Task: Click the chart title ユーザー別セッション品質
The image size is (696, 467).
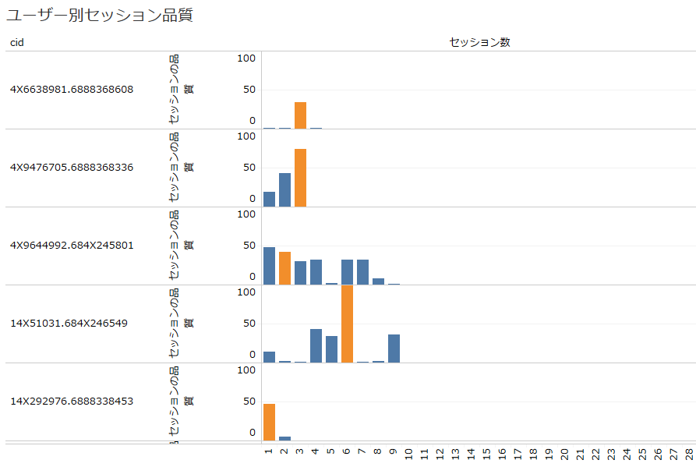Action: tap(100, 15)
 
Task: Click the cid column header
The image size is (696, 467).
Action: tap(17, 42)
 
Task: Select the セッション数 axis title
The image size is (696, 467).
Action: tap(479, 42)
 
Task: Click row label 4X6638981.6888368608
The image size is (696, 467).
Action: tap(72, 90)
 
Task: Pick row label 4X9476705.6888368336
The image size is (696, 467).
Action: tap(72, 168)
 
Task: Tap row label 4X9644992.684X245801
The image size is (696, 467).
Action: tap(72, 246)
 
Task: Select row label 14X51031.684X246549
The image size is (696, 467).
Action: tap(69, 324)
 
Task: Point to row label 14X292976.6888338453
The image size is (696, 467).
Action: tap(72, 402)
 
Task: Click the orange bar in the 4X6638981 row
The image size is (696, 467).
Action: tap(300, 115)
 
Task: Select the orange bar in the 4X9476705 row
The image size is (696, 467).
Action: tap(300, 178)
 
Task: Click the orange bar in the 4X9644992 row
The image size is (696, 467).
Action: tap(284, 268)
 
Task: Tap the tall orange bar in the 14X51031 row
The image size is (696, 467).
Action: tap(347, 324)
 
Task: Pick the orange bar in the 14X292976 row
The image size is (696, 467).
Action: tap(269, 422)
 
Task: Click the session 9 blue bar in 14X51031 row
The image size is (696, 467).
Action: tap(394, 348)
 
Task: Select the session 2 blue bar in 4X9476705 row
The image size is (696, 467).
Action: tap(284, 190)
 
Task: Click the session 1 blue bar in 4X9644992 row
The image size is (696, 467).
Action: tap(269, 266)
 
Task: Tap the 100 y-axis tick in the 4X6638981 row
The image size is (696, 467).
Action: tap(246, 58)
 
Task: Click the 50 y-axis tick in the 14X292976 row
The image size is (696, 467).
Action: tap(249, 402)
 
